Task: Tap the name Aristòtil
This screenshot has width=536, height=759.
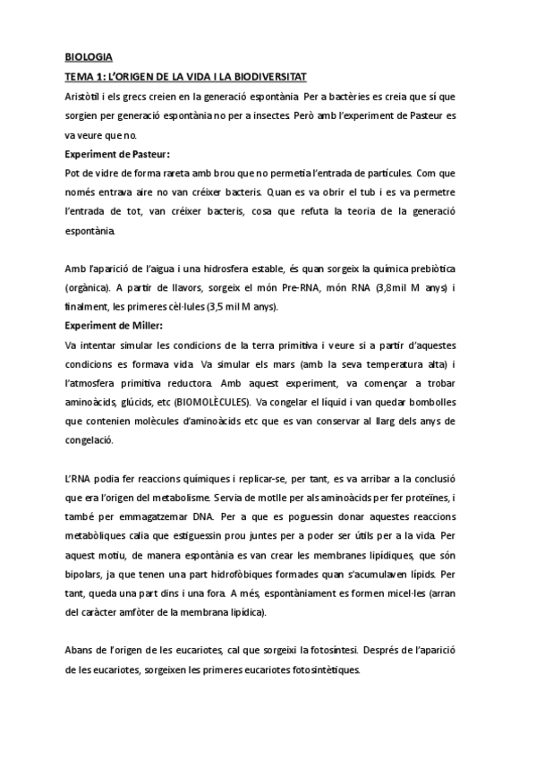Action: coord(88,96)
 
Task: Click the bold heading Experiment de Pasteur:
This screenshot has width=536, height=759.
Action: coord(117,154)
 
